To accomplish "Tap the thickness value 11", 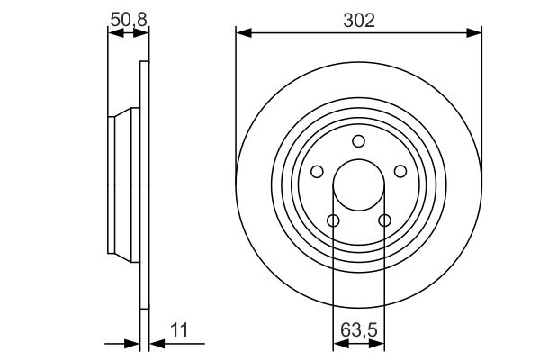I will (179, 330).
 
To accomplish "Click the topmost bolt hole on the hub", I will (358, 141).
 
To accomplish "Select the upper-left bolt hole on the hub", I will (317, 172).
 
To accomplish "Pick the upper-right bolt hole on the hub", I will (400, 172).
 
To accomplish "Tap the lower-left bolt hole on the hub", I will (333, 220).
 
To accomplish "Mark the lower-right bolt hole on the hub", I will (384, 220).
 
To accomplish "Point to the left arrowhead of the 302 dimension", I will (242, 32).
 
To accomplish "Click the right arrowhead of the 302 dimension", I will (475, 32).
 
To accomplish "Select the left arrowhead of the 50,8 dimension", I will (113, 32).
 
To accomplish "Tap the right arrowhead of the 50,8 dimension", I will (142, 32).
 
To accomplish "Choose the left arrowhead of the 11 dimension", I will (133, 342).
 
